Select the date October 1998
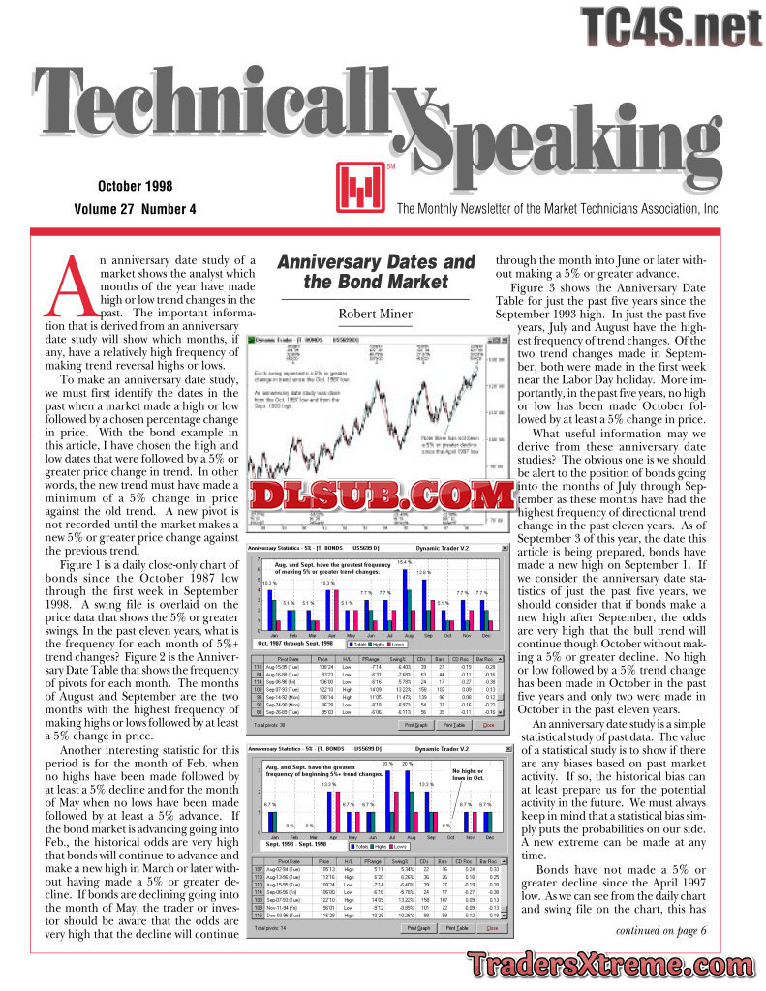pyautogui.click(x=136, y=185)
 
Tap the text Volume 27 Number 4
pyautogui.click(x=135, y=209)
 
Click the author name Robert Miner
pyautogui.click(x=375, y=314)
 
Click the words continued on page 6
pyautogui.click(x=660, y=931)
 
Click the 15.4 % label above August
pyautogui.click(x=404, y=562)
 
